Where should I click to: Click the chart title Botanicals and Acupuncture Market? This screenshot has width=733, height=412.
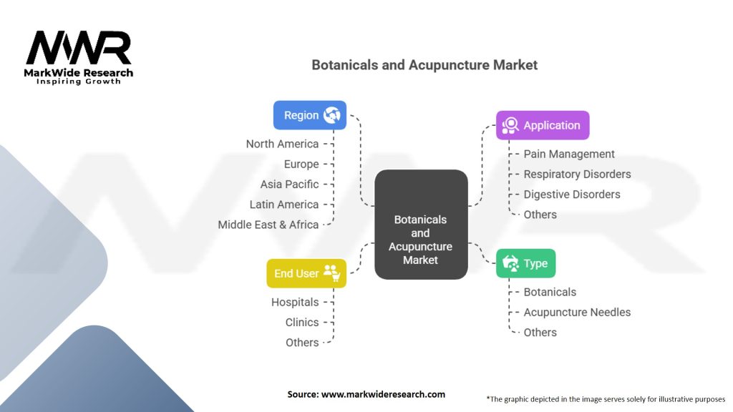(424, 65)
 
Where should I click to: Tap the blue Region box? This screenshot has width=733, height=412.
(309, 115)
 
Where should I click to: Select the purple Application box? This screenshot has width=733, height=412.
(543, 125)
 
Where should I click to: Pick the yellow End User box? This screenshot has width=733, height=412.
(306, 273)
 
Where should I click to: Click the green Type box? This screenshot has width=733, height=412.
(525, 263)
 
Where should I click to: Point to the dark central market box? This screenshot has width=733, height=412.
(421, 224)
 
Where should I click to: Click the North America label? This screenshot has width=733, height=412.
(282, 144)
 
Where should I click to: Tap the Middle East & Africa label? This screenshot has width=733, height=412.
(268, 225)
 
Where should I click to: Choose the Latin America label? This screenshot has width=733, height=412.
(284, 205)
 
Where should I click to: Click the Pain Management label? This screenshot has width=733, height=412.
(569, 154)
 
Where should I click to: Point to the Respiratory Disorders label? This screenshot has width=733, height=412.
(577, 174)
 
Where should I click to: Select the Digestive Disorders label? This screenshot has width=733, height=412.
(572, 194)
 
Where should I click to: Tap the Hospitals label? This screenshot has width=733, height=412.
(295, 302)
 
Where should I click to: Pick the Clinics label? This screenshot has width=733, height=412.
(302, 322)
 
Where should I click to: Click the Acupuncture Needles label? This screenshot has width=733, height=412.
(577, 312)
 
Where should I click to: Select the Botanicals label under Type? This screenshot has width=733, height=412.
(550, 292)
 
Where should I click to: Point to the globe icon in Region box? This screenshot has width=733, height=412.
(331, 115)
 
